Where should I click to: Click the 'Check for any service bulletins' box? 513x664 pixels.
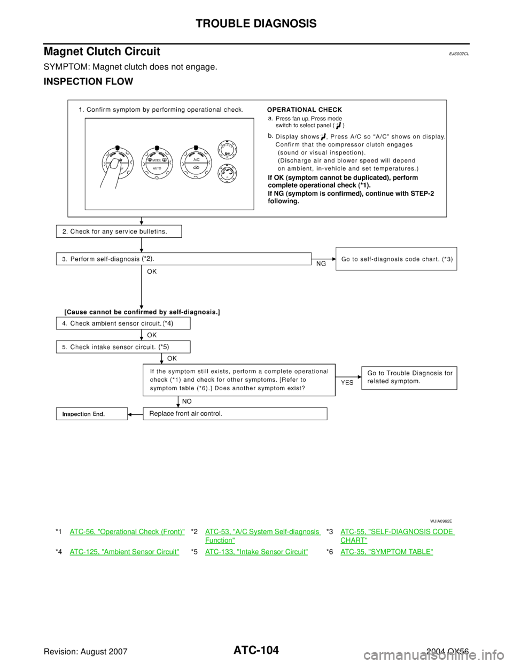119,231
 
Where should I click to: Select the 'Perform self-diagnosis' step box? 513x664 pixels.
183,259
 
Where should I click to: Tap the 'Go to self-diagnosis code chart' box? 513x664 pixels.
396,259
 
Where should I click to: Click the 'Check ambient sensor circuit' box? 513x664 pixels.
123,323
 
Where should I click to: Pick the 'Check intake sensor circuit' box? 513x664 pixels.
123,347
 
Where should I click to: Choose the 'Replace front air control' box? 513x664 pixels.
235,413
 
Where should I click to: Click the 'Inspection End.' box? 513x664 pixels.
92,414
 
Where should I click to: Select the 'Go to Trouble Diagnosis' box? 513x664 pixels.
409,377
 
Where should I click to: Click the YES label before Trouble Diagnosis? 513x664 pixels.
347,382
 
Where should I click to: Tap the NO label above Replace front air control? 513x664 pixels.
187,401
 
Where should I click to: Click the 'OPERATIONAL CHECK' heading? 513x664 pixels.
305,110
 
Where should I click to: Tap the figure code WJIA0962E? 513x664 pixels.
440,520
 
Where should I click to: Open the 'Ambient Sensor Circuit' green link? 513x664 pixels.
124,551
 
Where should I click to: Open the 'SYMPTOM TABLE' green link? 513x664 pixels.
386,551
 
